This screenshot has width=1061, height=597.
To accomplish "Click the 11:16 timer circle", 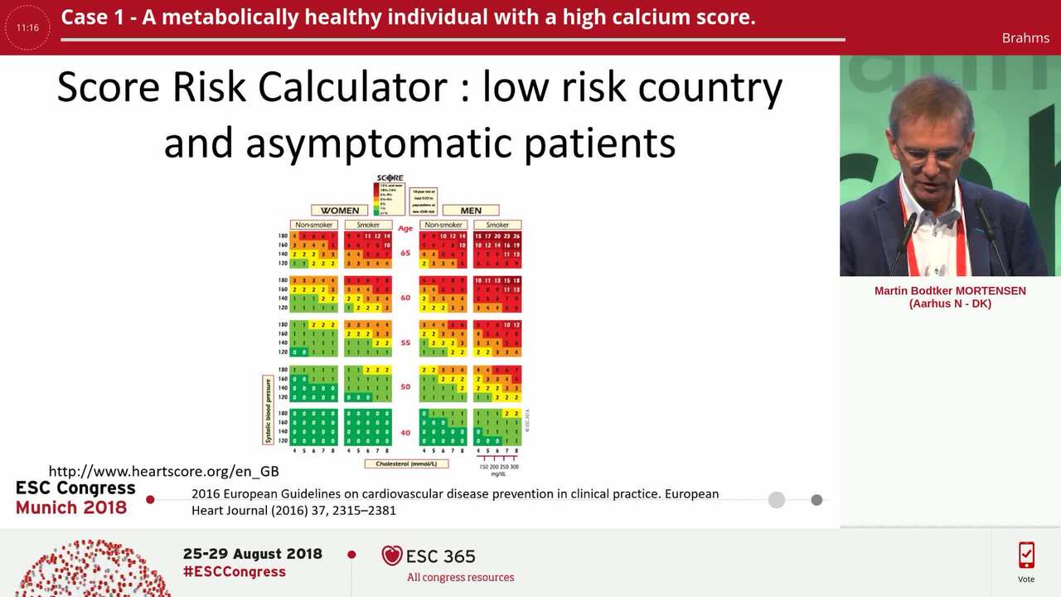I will coord(27,27).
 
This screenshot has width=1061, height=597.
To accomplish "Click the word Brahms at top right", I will coord(1025,38).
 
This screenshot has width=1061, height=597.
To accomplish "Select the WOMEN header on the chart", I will coord(340,211).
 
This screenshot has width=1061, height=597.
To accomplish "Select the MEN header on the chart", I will coord(471,211).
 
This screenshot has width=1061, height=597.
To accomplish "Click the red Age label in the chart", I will coord(405,228).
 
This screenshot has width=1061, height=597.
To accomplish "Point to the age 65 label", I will coord(405,253).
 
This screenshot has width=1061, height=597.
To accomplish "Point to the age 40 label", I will coord(405,432).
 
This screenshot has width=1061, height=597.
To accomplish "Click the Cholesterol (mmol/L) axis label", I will coord(406,464).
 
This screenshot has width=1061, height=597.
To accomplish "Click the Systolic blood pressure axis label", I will coord(268,410).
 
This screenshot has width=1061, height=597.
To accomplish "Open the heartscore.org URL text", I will coord(163,471).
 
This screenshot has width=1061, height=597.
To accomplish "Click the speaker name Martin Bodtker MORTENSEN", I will coord(950,291).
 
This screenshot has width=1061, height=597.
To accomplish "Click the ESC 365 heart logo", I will coord(392,556).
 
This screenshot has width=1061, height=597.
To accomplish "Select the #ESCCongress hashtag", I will coord(234,571).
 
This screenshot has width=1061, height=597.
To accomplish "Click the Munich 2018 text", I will coord(71,507).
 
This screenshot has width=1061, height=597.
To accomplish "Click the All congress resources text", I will coord(460,577).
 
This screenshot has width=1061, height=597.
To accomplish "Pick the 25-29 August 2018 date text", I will coord(252,554).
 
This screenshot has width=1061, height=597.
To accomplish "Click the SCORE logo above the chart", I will coord(390,178).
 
